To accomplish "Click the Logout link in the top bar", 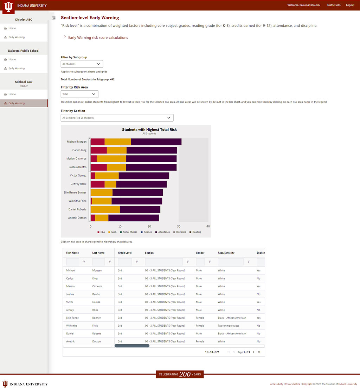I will click(x=350, y=5).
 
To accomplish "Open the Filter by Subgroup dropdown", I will click(x=82, y=64).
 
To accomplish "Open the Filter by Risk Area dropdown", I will click(x=79, y=94).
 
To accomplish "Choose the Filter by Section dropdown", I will click(x=117, y=118).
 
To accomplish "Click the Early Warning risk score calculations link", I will click(x=98, y=38).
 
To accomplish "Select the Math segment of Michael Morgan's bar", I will click(x=118, y=142).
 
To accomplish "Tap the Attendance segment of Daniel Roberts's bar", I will click(x=140, y=209).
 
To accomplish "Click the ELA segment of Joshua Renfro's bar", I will click(x=98, y=167).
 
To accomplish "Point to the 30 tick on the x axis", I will click(x=179, y=227).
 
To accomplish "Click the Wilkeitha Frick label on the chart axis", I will click(x=77, y=201).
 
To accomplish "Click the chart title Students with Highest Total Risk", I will click(x=149, y=130).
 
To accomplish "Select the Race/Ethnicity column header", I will click(x=226, y=253).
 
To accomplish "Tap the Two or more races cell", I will click(x=229, y=326).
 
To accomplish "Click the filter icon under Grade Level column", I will click(x=137, y=262).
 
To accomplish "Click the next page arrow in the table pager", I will click(x=253, y=352).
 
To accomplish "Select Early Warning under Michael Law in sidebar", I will click(x=17, y=103).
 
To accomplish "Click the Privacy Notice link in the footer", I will click(x=292, y=384).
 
